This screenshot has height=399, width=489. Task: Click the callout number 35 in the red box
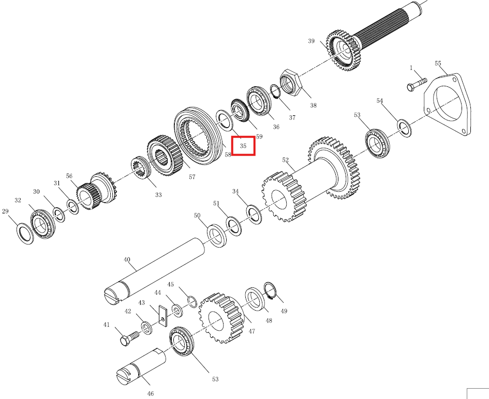tap(243, 146)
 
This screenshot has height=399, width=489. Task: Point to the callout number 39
tap(311, 41)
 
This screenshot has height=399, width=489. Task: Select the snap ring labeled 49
tap(270, 290)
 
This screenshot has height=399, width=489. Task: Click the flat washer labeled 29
tap(25, 234)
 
